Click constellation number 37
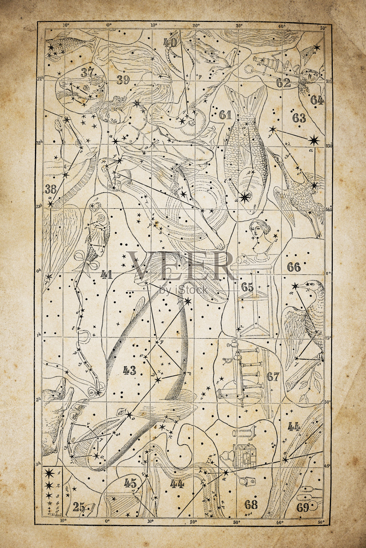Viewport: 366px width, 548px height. click(88, 73)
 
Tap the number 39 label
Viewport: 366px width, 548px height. click(123, 80)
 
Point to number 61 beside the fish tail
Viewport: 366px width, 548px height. click(225, 115)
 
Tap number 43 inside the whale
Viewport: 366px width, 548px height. click(130, 370)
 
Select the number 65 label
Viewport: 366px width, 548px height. click(247, 287)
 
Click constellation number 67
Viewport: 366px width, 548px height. click(273, 377)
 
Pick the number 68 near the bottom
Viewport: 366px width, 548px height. click(251, 504)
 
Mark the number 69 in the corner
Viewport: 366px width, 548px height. click(303, 508)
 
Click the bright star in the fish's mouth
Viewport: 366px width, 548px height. click(245, 197)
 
